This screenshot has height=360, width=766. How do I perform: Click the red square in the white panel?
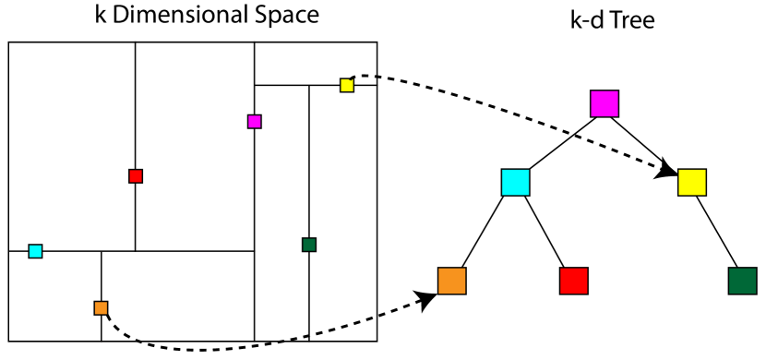click(x=136, y=176)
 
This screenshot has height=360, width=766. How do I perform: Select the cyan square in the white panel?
click(x=35, y=251)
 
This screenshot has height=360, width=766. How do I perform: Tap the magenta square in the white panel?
click(x=255, y=122)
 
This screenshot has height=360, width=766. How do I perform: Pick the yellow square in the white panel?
click(x=347, y=85)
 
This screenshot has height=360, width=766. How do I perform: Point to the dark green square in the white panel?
click(x=309, y=245)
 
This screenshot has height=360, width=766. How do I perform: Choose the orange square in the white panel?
click(x=101, y=308)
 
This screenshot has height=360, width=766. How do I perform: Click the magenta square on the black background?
click(x=604, y=103)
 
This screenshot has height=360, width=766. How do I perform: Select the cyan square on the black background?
click(x=515, y=182)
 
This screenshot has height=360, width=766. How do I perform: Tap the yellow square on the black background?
click(x=692, y=182)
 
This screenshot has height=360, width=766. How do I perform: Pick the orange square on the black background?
click(x=451, y=281)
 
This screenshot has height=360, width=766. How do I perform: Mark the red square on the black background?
click(x=573, y=281)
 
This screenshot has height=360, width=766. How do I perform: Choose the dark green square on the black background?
click(x=742, y=281)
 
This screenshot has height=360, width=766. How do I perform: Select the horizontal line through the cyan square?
click(x=185, y=251)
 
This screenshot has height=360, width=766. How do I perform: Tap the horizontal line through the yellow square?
click(x=286, y=85)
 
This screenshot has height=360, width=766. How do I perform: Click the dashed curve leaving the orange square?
click(x=120, y=332)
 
